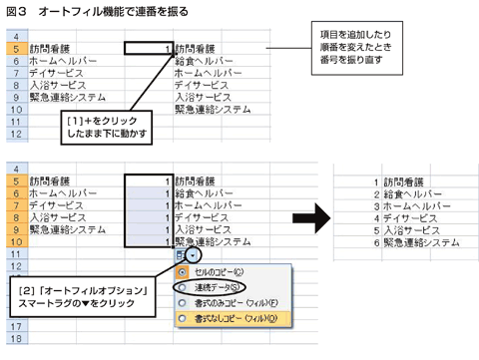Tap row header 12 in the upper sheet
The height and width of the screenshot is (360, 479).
click(16, 132)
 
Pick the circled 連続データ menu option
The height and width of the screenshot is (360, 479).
click(220, 287)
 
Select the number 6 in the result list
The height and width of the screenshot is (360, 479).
click(374, 242)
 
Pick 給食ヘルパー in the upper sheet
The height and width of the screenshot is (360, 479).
click(211, 61)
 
